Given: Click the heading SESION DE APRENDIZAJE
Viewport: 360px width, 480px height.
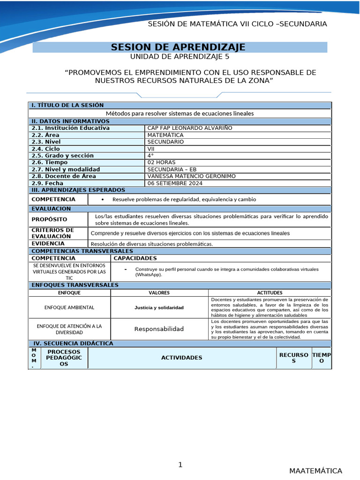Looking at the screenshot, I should coord(178,47).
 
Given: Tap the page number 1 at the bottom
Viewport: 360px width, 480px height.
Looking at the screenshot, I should coord(180,465).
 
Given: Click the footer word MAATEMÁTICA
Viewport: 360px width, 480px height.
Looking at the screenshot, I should coord(315,471).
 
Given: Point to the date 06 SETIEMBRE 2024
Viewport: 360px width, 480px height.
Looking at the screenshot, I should coord(175,183).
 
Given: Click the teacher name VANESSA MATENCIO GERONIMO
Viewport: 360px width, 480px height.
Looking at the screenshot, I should coord(191,176).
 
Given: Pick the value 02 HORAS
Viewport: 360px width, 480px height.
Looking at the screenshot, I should coord(161,162).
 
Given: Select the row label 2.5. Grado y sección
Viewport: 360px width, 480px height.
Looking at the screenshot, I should coord(62,156).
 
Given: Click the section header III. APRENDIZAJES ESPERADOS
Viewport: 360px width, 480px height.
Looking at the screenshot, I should coord(78,190).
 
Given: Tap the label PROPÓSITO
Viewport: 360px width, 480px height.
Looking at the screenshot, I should coord(49,219).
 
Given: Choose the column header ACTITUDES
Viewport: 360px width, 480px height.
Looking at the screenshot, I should coord(270,292).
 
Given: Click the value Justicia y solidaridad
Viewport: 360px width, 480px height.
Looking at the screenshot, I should coord(159,307).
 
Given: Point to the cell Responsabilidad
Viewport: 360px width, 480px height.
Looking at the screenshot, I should coord(159,329).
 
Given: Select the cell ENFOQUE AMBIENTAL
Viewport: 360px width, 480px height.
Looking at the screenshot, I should coord(69,307).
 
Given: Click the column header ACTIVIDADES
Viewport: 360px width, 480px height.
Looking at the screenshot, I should coord(181,358).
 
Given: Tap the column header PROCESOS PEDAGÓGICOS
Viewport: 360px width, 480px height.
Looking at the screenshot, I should coord(64,358).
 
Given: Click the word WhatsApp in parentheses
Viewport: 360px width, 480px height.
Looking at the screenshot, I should coord(149,275).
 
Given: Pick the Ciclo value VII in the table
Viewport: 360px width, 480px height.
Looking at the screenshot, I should coord(151,149).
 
